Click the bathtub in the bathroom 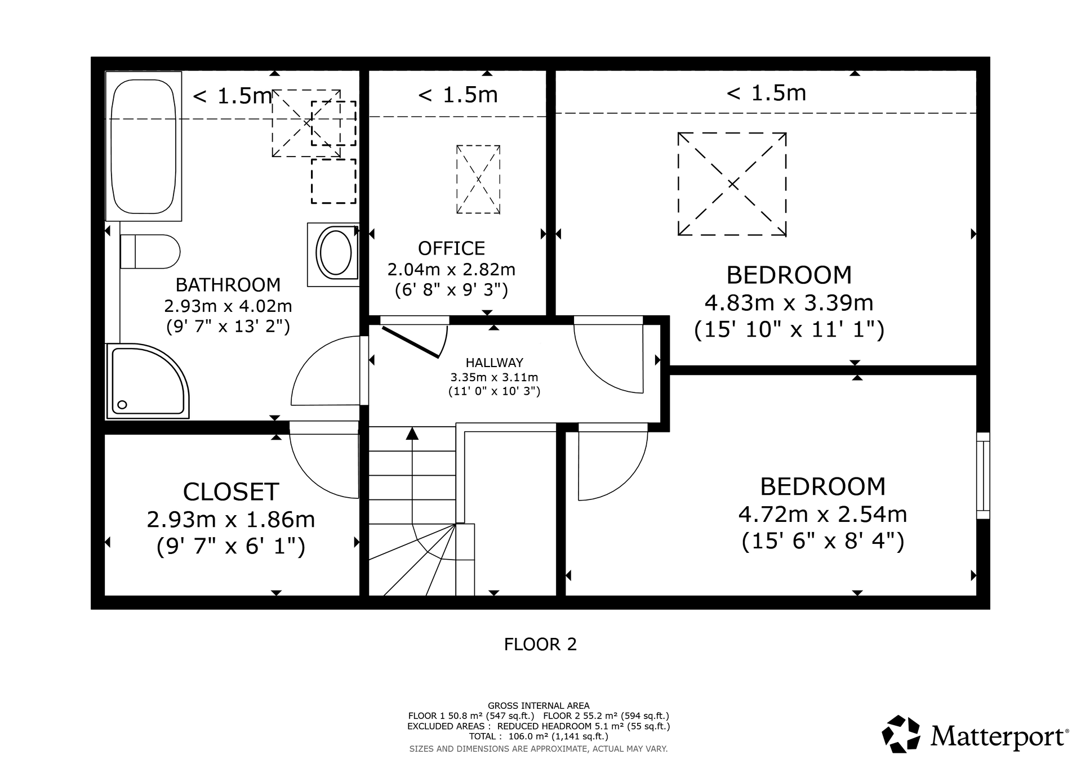coord(144,146)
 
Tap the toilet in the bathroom coord(150,252)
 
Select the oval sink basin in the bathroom coord(336,252)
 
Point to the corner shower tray coord(148,381)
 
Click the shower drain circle coord(122,404)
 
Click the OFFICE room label coord(451,248)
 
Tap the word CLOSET coord(231,492)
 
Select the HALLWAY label coord(494,363)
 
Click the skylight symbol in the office coord(478,180)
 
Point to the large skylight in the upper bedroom coord(732,184)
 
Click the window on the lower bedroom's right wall coord(983,476)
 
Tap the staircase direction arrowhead coord(412,433)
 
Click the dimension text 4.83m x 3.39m coord(789,303)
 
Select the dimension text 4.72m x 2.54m coord(822,514)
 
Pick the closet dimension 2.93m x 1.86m coord(231,519)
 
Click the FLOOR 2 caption coord(540,644)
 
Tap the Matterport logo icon coord(901,734)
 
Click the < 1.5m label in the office coord(457,95)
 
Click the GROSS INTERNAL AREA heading coord(539,705)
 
